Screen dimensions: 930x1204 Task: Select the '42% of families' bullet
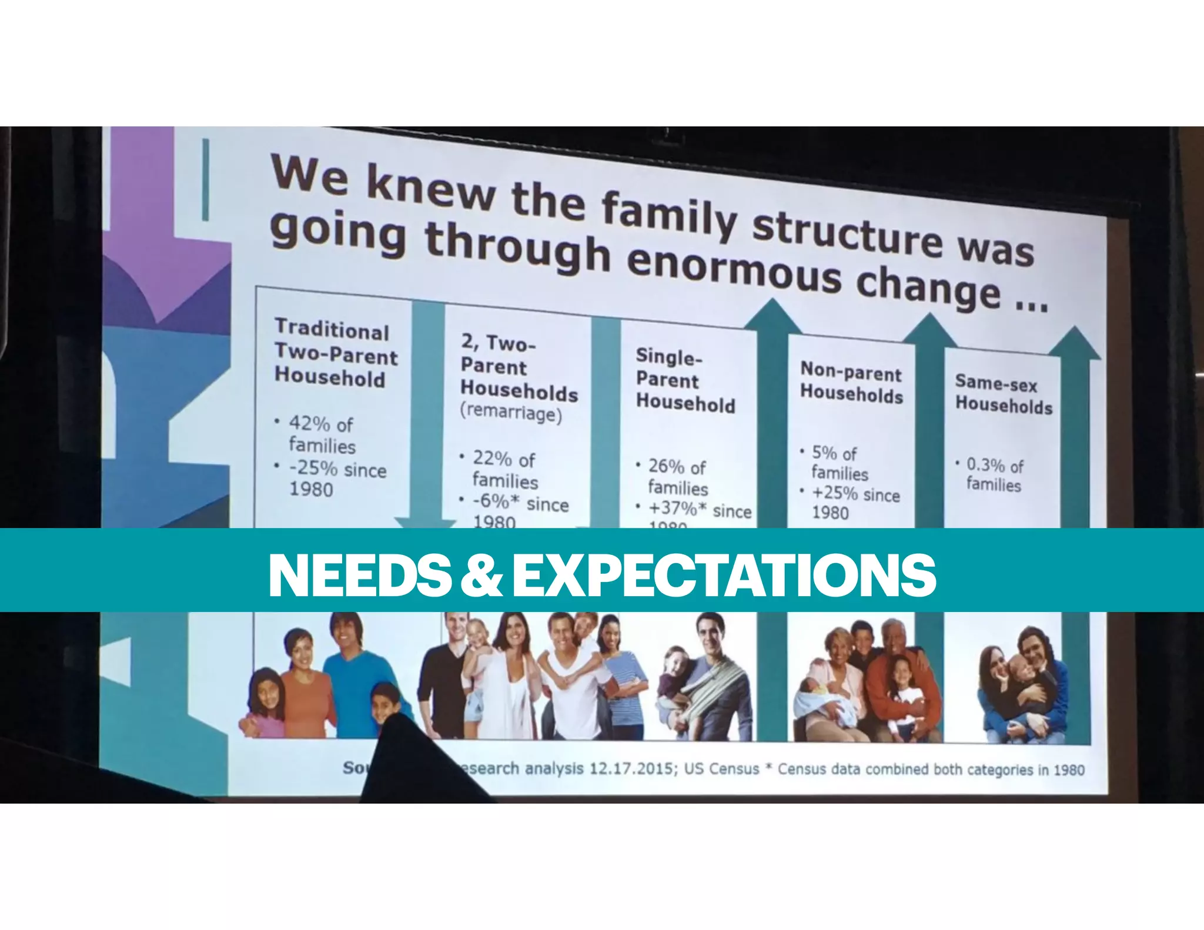coord(322,434)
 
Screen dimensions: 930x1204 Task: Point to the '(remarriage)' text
coord(510,413)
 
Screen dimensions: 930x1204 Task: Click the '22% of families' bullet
coord(504,470)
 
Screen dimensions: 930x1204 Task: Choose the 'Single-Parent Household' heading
coord(684,380)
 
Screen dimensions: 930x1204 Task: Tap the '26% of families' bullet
coord(677,477)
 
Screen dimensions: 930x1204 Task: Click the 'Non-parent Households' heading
coord(851,383)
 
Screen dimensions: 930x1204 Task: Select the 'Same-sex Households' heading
coord(1003,394)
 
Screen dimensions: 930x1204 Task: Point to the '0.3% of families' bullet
coord(994,474)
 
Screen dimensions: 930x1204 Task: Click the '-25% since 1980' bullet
coord(336,479)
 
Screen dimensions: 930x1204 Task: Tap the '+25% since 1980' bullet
coord(855,503)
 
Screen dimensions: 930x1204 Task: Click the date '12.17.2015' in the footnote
coord(631,768)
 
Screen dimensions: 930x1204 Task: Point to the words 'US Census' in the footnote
coord(721,769)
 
